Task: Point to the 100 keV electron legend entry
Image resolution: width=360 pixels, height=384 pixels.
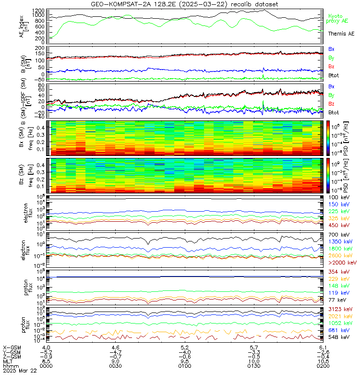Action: pyautogui.click(x=337, y=198)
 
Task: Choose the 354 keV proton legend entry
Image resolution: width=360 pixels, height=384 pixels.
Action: pyautogui.click(x=337, y=272)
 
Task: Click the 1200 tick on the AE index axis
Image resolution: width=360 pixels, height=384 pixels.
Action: pyautogui.click(x=39, y=10)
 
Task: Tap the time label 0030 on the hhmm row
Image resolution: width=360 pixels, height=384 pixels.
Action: pyautogui.click(x=116, y=365)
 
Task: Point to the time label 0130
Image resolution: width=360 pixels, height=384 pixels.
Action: pyautogui.click(x=254, y=365)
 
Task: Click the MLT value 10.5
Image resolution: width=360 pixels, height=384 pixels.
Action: pyautogui.click(x=323, y=360)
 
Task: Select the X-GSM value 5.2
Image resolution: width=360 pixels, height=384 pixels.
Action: pyautogui.click(x=185, y=347)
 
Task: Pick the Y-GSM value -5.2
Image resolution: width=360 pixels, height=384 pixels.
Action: pyautogui.click(x=47, y=351)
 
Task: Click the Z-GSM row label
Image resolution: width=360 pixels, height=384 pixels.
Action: pyautogui.click(x=12, y=356)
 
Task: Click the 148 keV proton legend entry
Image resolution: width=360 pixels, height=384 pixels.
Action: pyautogui.click(x=337, y=286)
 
